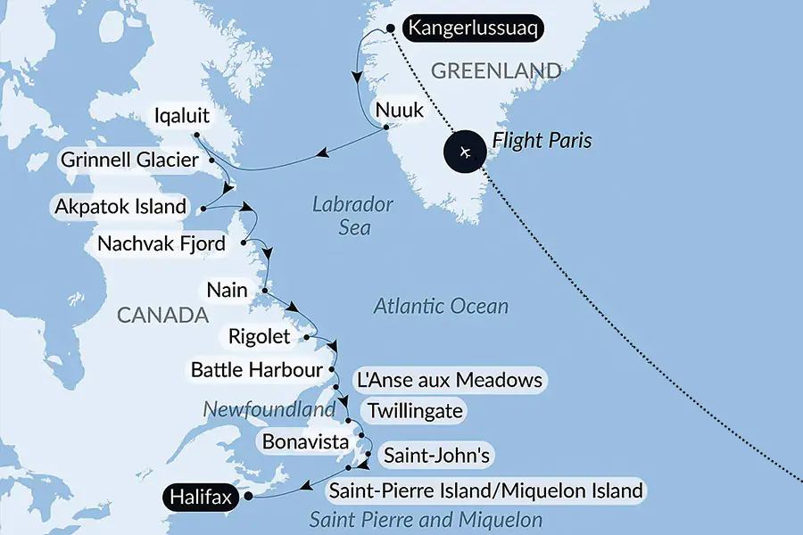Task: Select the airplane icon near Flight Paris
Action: tap(464, 152)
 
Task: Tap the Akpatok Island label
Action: tap(120, 208)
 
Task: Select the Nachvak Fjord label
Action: tap(161, 243)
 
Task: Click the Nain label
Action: tap(226, 290)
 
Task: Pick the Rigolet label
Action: tap(259, 337)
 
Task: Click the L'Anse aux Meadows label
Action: tap(448, 380)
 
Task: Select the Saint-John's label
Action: tap(435, 456)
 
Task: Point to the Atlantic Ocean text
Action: tap(441, 307)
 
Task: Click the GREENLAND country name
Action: tap(496, 70)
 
